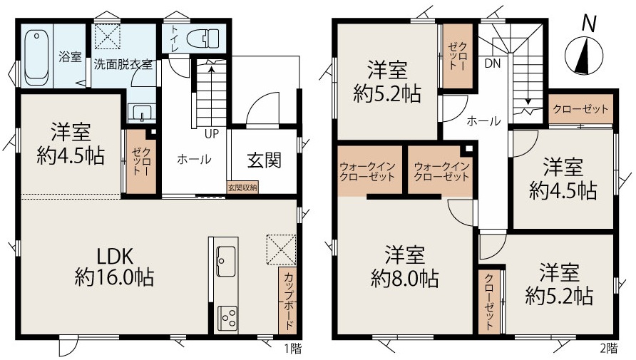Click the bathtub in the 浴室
[36, 56]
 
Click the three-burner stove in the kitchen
[227, 317]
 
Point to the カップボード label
[288, 302]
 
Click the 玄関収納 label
[242, 187]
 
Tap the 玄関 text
[264, 160]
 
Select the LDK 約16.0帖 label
[114, 267]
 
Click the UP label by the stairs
[212, 133]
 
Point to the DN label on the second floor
[493, 63]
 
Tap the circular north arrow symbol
[584, 56]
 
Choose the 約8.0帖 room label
[404, 279]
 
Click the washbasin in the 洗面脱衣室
[142, 113]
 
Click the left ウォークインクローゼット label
[367, 172]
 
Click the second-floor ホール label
[483, 120]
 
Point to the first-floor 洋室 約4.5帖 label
[71, 144]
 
